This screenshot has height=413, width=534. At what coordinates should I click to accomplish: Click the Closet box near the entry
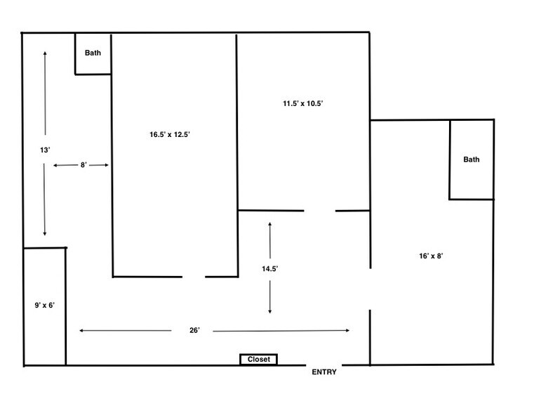click(x=258, y=360)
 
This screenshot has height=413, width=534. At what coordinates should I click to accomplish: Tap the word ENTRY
click(x=324, y=372)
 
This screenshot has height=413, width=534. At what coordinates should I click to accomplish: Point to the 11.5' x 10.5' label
click(x=302, y=103)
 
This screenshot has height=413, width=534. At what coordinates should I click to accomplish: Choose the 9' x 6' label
click(x=45, y=306)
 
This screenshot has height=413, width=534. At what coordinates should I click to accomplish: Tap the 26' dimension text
click(x=194, y=330)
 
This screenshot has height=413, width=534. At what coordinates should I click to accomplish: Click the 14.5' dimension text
click(x=270, y=268)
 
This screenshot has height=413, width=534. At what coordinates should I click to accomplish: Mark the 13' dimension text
click(x=45, y=149)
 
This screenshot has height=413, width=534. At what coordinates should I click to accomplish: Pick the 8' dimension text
click(x=83, y=165)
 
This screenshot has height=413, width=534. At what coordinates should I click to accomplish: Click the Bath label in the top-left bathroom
click(x=93, y=53)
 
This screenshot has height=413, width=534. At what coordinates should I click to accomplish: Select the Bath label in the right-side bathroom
click(x=472, y=159)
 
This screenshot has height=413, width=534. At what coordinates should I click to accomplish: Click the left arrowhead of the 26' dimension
click(x=81, y=330)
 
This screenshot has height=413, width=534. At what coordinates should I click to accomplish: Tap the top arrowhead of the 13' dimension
click(x=45, y=53)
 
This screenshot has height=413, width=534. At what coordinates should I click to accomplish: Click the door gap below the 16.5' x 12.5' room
click(x=194, y=277)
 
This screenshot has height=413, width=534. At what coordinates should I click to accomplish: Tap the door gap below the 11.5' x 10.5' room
click(x=319, y=210)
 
